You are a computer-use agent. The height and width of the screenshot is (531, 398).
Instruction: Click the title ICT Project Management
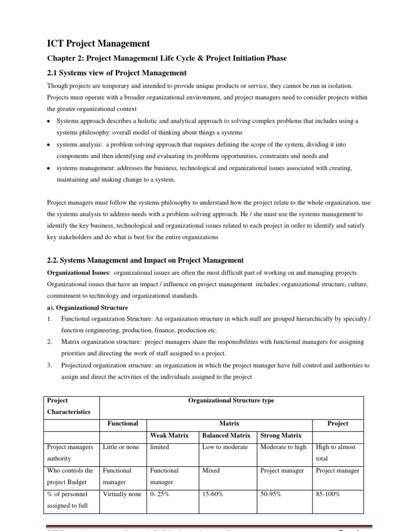pos(98,44)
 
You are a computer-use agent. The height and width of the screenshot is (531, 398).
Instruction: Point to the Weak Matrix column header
pos(169,435)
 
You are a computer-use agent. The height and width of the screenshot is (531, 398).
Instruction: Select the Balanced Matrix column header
pos(226,435)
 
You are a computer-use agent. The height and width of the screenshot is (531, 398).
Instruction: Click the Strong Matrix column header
pos(280,435)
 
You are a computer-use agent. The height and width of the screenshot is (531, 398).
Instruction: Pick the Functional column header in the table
pos(122,423)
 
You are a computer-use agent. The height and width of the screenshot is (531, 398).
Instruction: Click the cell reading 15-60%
pos(213,494)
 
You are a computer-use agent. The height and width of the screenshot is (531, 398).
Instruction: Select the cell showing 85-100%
pos(328,494)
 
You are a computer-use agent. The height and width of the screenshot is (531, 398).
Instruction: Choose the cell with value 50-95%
pos(271,494)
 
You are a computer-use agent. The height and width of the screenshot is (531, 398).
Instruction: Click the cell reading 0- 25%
pos(160,494)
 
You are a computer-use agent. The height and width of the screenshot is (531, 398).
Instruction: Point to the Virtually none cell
pos(122,494)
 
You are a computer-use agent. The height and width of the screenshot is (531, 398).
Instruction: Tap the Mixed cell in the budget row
pos(211,470)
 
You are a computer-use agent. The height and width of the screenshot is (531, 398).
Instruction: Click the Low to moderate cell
pos(225,447)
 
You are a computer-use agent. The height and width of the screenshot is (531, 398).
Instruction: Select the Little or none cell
pos(121,447)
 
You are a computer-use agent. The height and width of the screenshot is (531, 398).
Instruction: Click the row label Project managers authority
pos(70,453)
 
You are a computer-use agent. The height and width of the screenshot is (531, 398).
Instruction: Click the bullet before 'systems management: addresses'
pos(48,169)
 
